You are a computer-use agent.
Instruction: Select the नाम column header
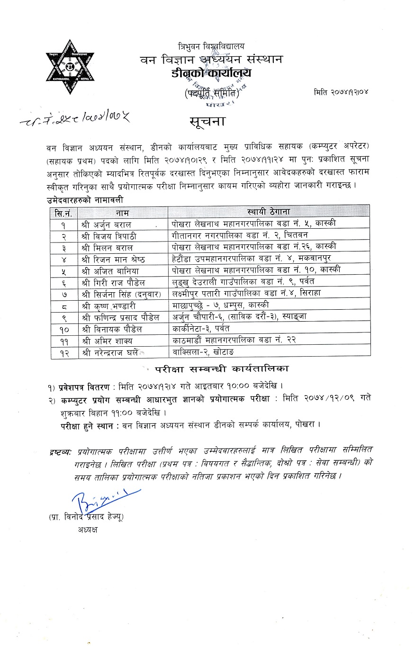coord(122,212)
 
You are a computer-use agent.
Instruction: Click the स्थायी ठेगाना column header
coord(268,212)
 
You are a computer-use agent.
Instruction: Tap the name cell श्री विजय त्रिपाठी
coord(113,236)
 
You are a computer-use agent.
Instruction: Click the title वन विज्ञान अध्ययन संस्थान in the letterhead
coord(211,59)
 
